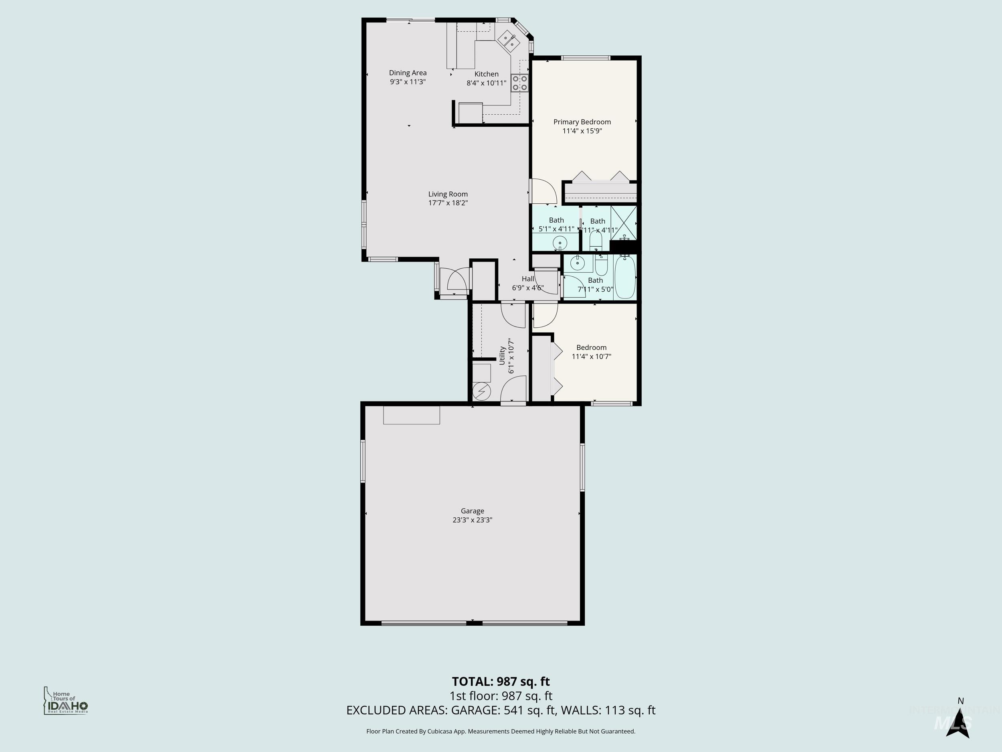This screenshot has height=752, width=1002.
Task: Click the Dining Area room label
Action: point(408,73)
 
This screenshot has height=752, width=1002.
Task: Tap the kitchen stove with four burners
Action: point(519,83)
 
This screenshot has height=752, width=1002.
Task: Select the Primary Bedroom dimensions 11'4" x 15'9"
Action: point(582,131)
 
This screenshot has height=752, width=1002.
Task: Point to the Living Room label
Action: point(448,194)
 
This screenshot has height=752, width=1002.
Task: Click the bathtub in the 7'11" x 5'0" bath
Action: point(625,277)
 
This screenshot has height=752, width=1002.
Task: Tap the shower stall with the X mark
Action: point(624,223)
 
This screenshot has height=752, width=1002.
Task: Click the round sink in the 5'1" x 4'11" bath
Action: point(560,243)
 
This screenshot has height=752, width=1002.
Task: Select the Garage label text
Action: point(473,511)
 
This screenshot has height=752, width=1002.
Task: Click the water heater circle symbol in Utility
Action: point(481,391)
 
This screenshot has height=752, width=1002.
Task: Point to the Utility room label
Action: point(502,356)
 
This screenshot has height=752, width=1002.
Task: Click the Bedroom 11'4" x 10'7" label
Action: point(591,352)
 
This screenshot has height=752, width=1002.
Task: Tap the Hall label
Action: point(528,279)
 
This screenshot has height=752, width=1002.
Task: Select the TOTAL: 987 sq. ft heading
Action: point(501,681)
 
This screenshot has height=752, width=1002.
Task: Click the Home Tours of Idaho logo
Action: point(66,701)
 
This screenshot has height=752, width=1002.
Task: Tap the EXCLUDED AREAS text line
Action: point(501,710)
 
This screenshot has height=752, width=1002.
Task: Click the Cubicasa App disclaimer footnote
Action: point(501,731)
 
